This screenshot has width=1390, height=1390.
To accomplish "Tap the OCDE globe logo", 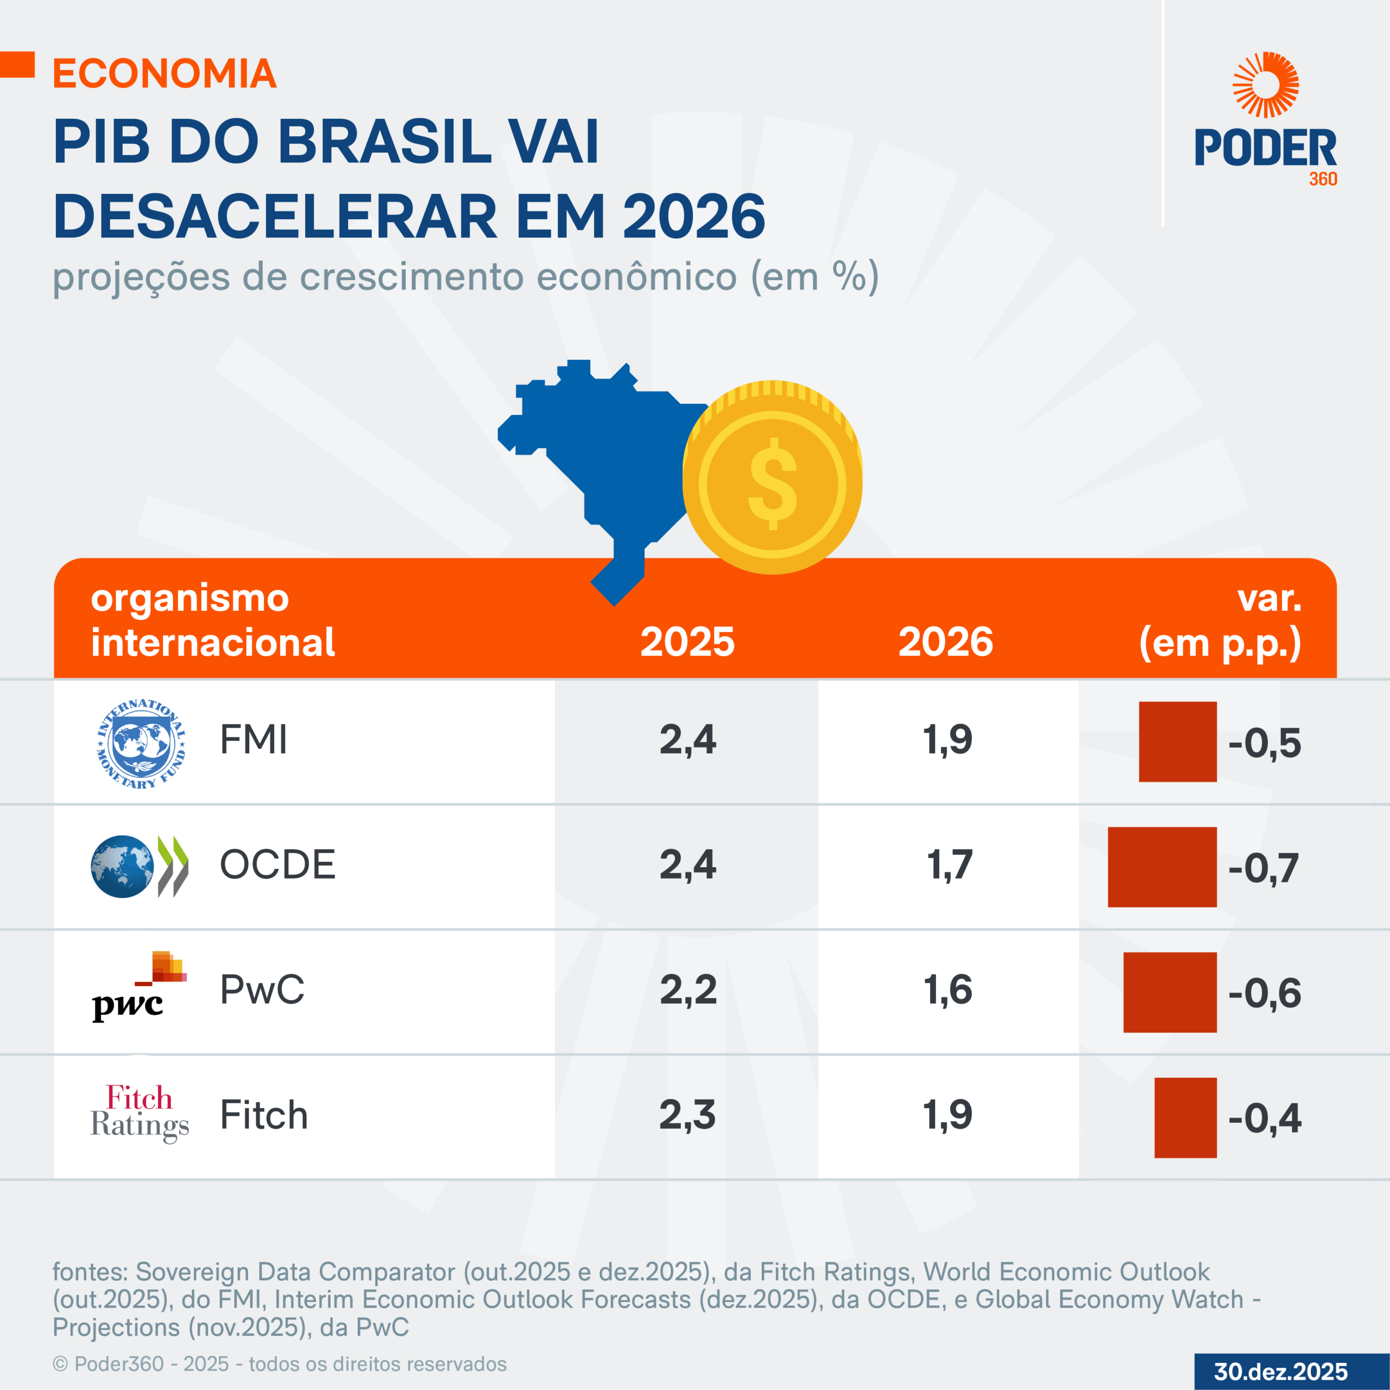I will [x=139, y=866].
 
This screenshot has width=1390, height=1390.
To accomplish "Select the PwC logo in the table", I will [x=139, y=987].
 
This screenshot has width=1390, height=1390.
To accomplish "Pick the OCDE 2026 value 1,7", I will [x=949, y=865].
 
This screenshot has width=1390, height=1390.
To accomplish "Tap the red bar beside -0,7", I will [x=1162, y=867].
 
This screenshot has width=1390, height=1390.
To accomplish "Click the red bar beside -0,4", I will [x=1185, y=1117].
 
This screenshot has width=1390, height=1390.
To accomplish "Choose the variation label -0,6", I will [x=1264, y=994].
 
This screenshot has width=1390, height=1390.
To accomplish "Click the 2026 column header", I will [x=945, y=642].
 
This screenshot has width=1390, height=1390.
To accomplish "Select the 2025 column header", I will [x=687, y=642].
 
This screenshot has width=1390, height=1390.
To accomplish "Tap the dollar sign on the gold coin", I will [x=773, y=483].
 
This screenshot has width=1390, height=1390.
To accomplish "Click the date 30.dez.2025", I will [x=1281, y=1372].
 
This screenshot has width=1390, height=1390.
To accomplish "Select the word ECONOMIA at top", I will [x=165, y=73].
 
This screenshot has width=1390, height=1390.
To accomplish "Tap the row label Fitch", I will [x=264, y=1115].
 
